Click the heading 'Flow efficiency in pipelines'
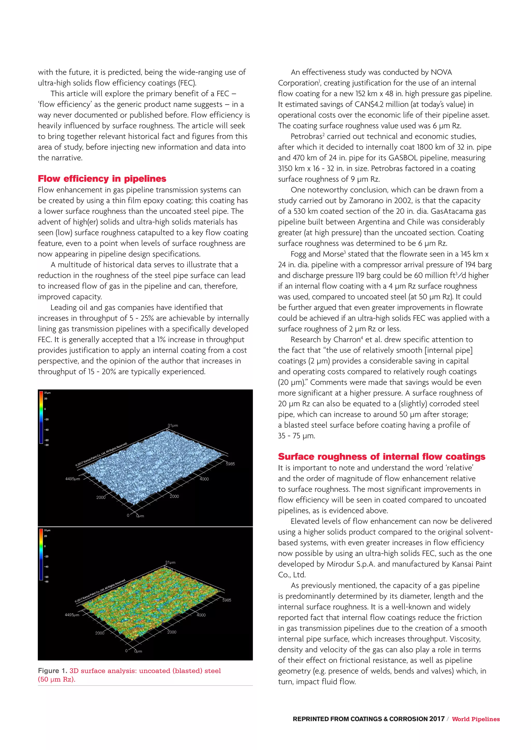102,179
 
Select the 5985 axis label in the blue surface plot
230,464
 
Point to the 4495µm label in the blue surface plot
73,479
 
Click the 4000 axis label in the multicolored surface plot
201,615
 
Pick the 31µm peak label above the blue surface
173,425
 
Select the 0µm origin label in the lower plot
138,651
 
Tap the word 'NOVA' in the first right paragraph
441,72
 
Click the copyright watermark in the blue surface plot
101,455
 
